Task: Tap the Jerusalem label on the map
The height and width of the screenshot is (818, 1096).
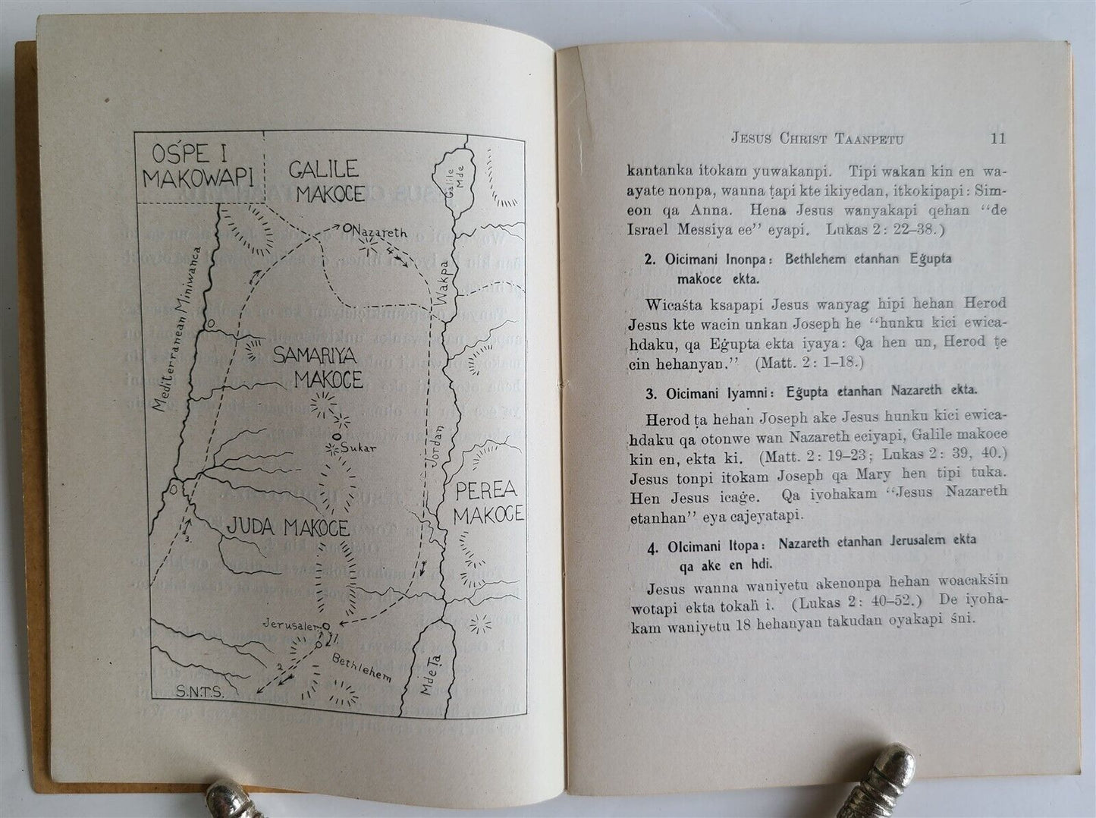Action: pos(290,624)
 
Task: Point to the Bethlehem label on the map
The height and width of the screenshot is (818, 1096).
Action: pos(361,666)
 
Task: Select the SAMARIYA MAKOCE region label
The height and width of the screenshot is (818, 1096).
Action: pos(318,367)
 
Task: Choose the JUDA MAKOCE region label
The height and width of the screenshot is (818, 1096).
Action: pos(288,527)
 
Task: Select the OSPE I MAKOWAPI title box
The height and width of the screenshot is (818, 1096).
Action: pos(199,168)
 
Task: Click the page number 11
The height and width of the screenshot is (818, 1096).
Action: pos(997,139)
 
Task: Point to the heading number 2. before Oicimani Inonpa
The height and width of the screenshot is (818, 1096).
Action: pos(650,260)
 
